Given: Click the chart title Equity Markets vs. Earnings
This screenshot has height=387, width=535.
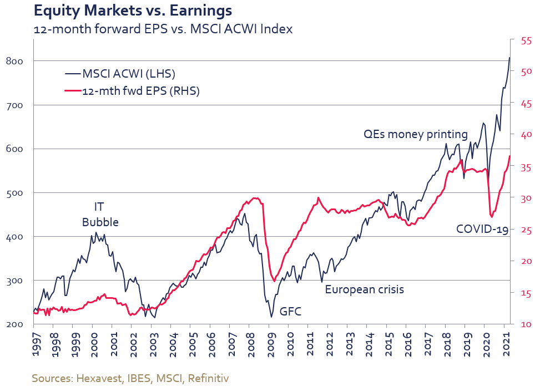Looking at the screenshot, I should (x=133, y=11).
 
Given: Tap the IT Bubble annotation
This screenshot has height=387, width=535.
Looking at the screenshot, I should (x=100, y=215).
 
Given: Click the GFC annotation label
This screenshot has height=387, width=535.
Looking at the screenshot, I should (x=290, y=311).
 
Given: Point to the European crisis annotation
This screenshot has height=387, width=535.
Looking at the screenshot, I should (x=364, y=289).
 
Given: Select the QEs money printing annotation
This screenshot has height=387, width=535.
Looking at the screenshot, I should (x=415, y=134).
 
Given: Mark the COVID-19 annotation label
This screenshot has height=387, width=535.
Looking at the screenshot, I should (x=482, y=228).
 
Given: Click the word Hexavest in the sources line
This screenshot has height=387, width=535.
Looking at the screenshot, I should (x=95, y=378).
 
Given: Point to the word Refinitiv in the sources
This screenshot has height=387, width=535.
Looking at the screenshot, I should (x=208, y=378).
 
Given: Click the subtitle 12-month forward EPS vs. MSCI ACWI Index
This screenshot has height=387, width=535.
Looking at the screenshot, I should (x=163, y=29).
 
